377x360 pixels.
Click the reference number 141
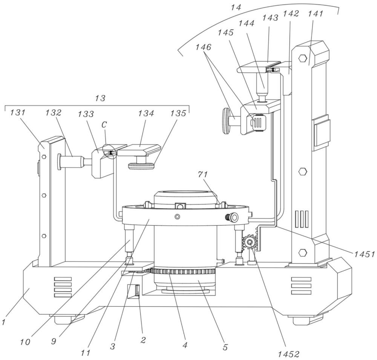pyautogui.click(x=316, y=14)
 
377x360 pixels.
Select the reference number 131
pyautogui.click(x=18, y=112)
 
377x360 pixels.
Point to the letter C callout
pyautogui.click(x=104, y=125)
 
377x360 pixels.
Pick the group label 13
pyautogui.click(x=100, y=98)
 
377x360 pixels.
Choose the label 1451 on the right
pyautogui.click(x=364, y=254)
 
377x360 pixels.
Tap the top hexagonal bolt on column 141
pyautogui.click(x=302, y=58)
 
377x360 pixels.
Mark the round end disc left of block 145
pyautogui.click(x=227, y=120)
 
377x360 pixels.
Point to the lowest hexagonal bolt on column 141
pyautogui.click(x=302, y=252)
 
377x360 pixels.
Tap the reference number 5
pyautogui.click(x=225, y=347)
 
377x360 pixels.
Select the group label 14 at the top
pyautogui.click(x=236, y=7)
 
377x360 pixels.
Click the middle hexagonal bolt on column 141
pyautogui.click(x=302, y=172)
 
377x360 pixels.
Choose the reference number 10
pyautogui.click(x=25, y=342)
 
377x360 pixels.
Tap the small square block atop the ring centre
pyautogui.click(x=180, y=206)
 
